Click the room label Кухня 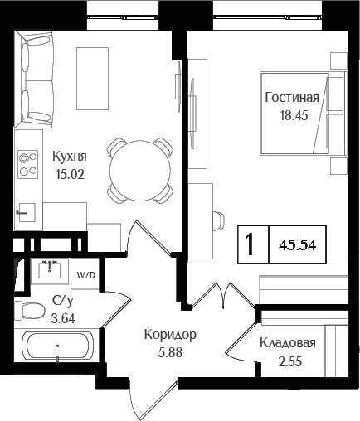point(70,156)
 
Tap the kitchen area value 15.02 point(70,173)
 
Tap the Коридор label point(170,335)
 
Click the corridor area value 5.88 point(170,351)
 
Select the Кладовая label point(287,343)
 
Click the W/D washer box point(85,273)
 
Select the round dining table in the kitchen point(141,168)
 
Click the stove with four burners point(28,163)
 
